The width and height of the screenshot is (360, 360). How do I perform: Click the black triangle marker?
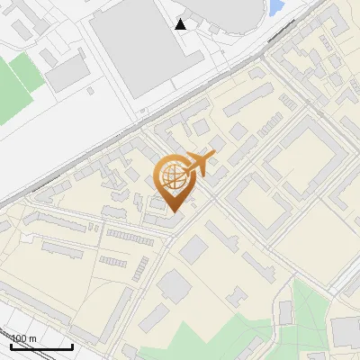pos(181,24)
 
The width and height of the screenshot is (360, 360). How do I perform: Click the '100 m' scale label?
pos(23,337)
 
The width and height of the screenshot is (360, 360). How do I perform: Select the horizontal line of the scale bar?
pos(41,346)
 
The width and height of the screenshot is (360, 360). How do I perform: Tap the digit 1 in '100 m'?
pos(13,337)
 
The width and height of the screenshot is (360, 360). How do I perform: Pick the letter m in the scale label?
pos(32,338)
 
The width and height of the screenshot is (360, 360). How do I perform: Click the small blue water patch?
pos(276,9)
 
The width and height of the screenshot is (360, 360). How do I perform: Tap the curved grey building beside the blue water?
pos(234,13)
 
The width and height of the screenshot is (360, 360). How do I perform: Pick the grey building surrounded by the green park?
pos(285,312)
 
